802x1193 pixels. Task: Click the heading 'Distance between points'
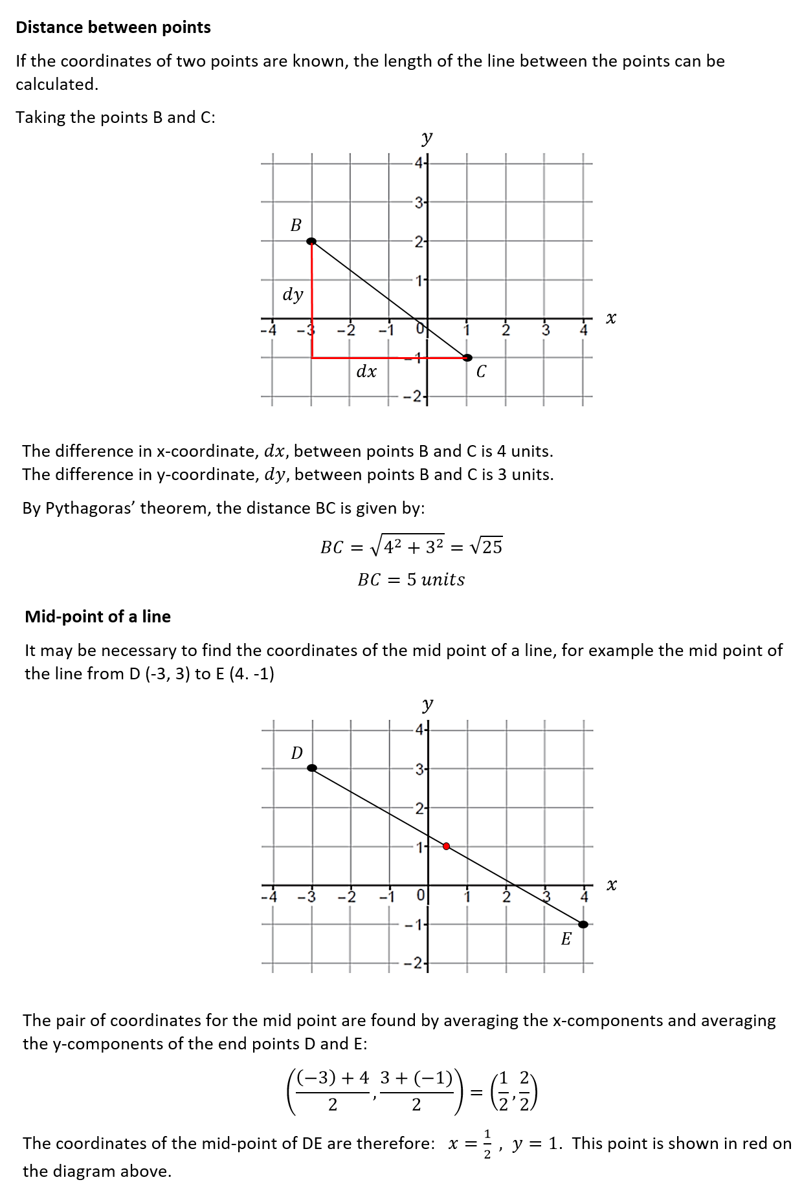click(x=113, y=27)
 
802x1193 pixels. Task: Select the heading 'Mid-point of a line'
click(x=98, y=617)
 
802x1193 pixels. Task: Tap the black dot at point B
click(x=311, y=241)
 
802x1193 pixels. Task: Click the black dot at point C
click(x=467, y=358)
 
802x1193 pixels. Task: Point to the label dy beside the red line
click(x=293, y=294)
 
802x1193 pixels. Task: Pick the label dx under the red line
click(x=366, y=371)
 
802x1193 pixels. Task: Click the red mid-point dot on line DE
click(x=447, y=846)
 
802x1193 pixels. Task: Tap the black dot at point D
click(x=312, y=768)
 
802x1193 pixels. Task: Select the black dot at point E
click(x=583, y=925)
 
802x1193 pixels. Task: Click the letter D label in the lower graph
click(x=297, y=753)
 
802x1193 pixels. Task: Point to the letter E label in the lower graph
click(x=566, y=939)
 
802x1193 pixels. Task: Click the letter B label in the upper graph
click(x=296, y=225)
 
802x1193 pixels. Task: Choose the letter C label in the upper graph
click(x=481, y=372)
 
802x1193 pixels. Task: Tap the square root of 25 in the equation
click(x=486, y=547)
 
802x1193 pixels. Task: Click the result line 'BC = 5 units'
click(x=411, y=580)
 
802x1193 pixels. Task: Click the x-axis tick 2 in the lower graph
click(x=507, y=897)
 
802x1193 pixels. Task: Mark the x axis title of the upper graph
click(x=611, y=318)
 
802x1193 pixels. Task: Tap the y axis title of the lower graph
click(x=427, y=704)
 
